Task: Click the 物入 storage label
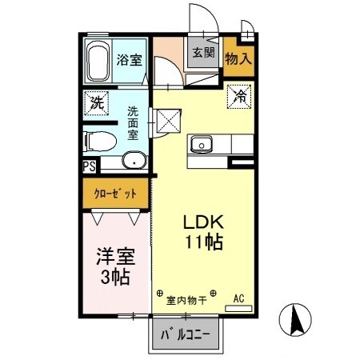pyautogui.click(x=239, y=58)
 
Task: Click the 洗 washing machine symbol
pyautogui.click(x=97, y=102)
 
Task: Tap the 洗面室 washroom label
pyautogui.click(x=133, y=125)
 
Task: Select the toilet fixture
pyautogui.click(x=101, y=142)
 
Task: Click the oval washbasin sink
pyautogui.click(x=134, y=160)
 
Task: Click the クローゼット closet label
pyautogui.click(x=115, y=193)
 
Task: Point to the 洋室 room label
pyautogui.click(x=115, y=258)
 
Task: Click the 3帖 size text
pyautogui.click(x=115, y=279)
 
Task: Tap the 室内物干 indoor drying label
pyautogui.click(x=186, y=302)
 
